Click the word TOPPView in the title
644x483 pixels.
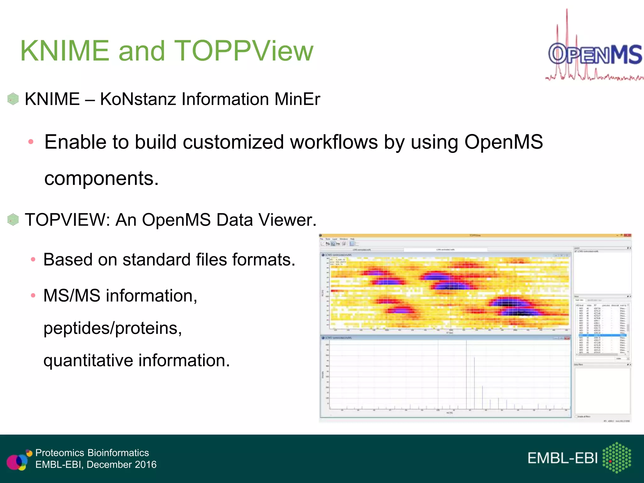(x=244, y=51)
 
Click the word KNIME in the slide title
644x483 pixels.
(x=65, y=51)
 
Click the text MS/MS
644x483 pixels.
(x=72, y=296)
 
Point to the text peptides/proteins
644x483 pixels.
(x=113, y=328)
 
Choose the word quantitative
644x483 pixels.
(x=88, y=360)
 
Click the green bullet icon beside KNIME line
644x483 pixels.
(x=13, y=99)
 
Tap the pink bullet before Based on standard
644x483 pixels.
(x=33, y=260)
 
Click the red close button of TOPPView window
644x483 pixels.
(x=628, y=235)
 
